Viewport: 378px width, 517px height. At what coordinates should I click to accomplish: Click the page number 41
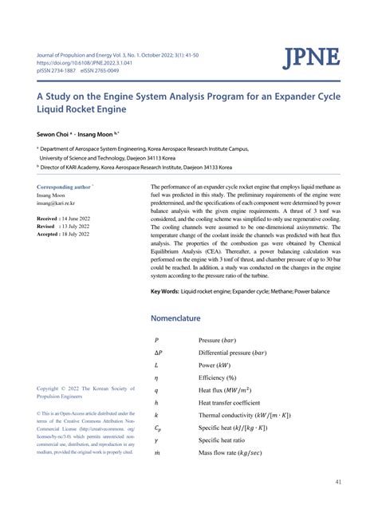pyautogui.click(x=339, y=482)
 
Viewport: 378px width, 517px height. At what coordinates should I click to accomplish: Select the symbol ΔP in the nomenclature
pyautogui.click(x=158, y=352)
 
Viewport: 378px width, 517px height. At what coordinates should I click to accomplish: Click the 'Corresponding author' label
pyautogui.click(x=65, y=187)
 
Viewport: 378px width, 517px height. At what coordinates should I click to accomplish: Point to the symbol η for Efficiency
pyautogui.click(x=156, y=377)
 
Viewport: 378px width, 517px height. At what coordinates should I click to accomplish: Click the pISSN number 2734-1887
pyautogui.click(x=65, y=70)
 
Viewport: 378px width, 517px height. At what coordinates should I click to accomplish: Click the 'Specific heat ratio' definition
pyautogui.click(x=226, y=440)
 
